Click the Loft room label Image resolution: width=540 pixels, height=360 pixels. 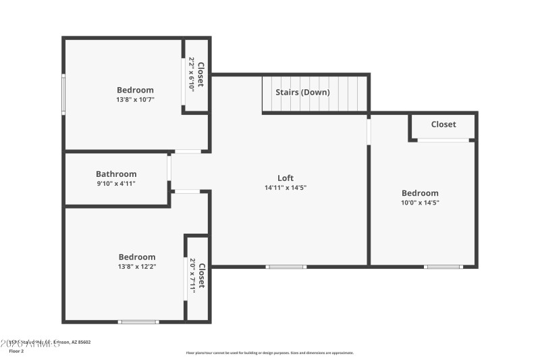point(286,178)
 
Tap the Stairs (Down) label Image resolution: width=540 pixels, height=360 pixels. point(302,92)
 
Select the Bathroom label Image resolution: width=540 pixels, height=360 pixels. point(116,174)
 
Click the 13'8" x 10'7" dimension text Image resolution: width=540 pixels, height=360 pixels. point(135,99)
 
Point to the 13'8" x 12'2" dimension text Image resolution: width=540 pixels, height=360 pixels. point(137,266)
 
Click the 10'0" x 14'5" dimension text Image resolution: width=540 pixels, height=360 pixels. point(420,202)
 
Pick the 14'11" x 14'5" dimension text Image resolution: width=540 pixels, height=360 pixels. point(286,188)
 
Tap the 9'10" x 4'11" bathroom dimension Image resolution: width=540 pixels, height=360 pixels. point(116,183)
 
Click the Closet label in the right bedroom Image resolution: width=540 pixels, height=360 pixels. point(443,124)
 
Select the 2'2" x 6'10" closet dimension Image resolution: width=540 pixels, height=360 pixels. point(191,74)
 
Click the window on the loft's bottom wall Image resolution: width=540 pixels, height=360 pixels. point(286,267)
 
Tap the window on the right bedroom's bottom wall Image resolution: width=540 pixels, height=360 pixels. point(443,267)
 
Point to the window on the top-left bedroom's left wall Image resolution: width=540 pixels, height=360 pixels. point(64,94)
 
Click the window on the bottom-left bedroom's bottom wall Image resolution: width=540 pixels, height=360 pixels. point(138,322)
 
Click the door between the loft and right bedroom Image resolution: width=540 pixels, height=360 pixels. point(369,131)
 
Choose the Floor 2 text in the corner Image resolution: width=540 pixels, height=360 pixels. point(16,351)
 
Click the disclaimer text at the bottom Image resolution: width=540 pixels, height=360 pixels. point(269,353)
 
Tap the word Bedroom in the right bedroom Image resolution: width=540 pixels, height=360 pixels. point(420,192)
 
